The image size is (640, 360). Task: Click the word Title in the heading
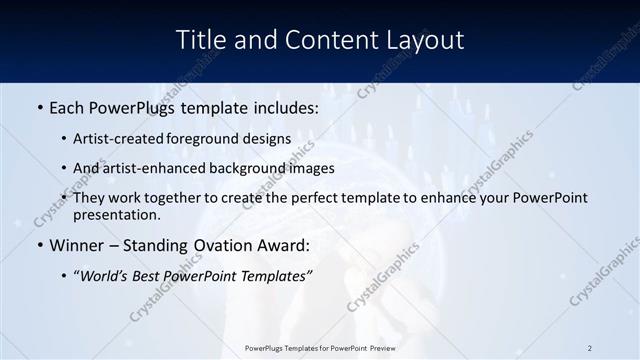(x=199, y=40)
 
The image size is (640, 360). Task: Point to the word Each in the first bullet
(x=68, y=108)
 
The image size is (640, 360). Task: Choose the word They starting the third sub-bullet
(x=90, y=198)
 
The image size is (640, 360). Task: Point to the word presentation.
(x=116, y=214)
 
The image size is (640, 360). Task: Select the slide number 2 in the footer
(x=590, y=348)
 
